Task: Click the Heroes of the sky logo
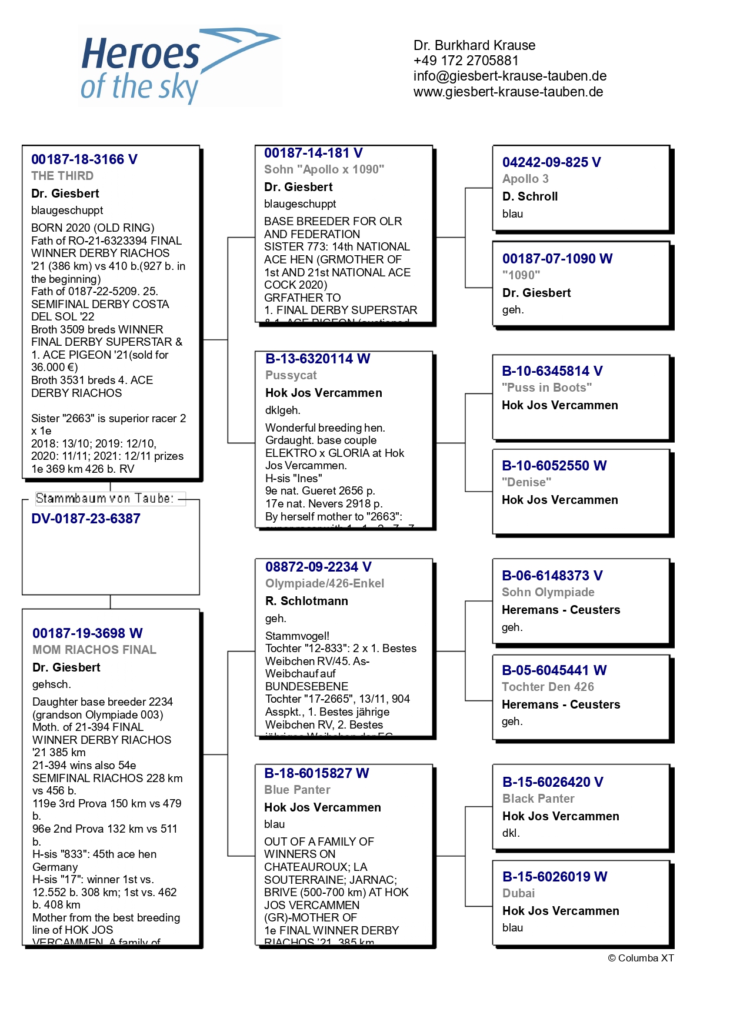tap(180, 66)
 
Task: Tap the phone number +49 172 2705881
tap(466, 61)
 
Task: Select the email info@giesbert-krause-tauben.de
tap(509, 76)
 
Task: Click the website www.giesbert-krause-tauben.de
tap(508, 92)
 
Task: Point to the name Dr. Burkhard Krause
tap(474, 45)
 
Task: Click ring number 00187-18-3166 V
tap(84, 159)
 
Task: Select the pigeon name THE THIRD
tap(62, 176)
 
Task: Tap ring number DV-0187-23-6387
tap(86, 519)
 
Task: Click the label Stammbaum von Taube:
tap(105, 499)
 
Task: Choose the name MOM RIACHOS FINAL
tap(94, 650)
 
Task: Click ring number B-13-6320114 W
tap(318, 359)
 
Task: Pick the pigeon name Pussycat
tap(291, 375)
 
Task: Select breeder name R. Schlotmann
tap(306, 601)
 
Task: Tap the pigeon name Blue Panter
tap(297, 790)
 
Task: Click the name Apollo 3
tap(525, 179)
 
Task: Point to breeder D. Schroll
tap(530, 196)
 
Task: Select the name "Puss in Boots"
tap(546, 388)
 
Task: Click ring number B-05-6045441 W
tap(554, 670)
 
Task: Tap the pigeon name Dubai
tap(518, 893)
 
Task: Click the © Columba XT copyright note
tap(641, 958)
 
